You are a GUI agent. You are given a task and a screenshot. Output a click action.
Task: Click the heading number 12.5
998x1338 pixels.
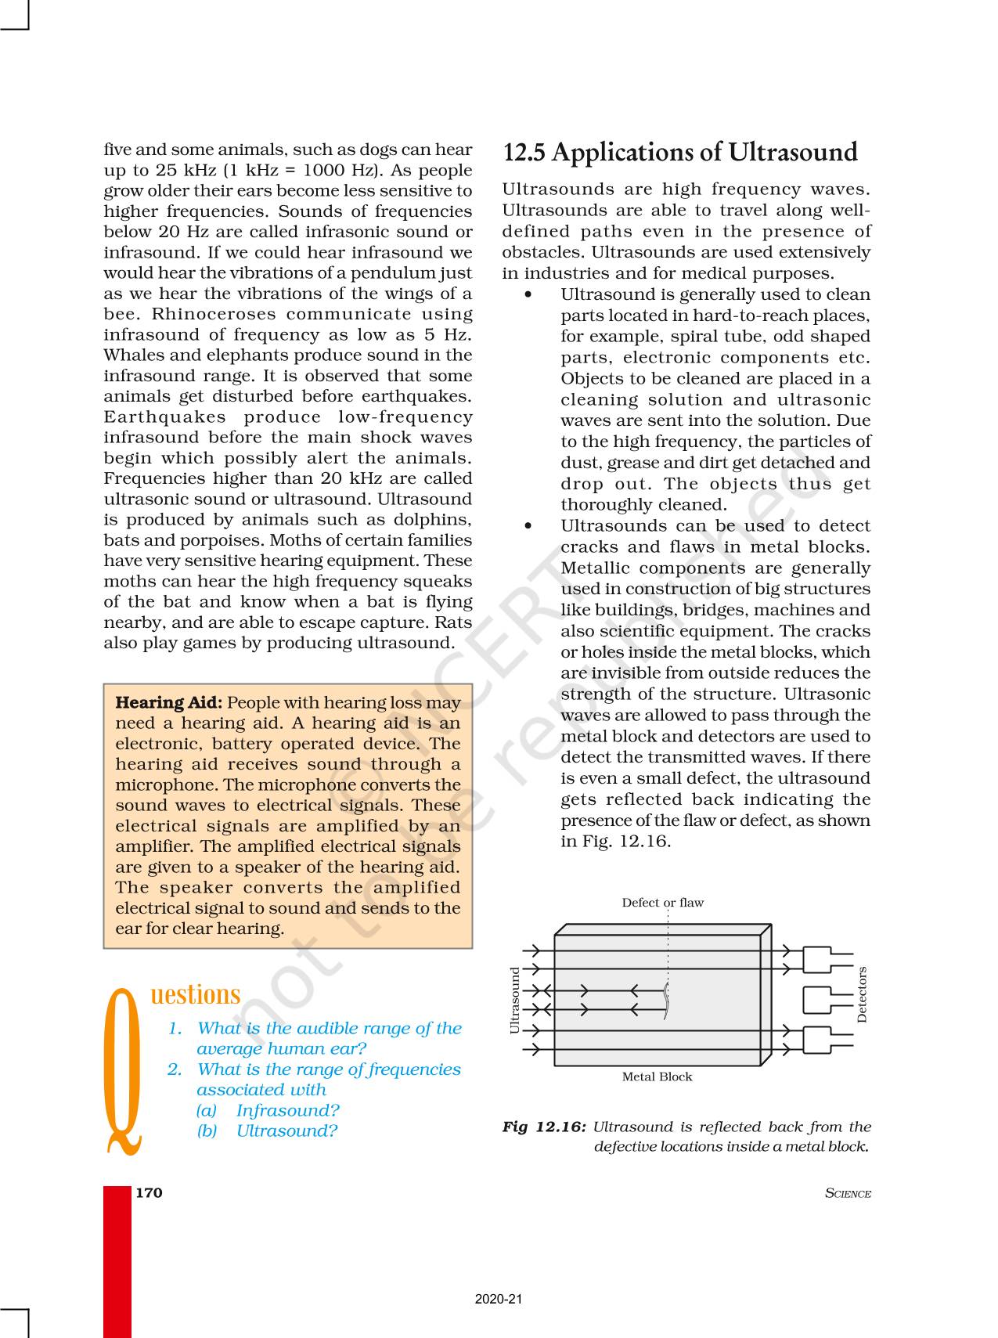[x=524, y=152]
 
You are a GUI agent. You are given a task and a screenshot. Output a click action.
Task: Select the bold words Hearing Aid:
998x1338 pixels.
[x=168, y=702]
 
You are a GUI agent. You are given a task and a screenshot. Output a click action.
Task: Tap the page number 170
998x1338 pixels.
[x=149, y=1192]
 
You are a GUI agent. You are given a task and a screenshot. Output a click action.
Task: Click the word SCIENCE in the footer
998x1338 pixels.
[x=848, y=1193]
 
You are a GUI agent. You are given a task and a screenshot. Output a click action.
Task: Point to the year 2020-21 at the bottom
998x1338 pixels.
[x=498, y=1299]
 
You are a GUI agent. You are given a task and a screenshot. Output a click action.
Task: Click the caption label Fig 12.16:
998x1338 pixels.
[x=543, y=1127]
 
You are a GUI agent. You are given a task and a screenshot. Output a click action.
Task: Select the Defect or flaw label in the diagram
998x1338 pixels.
[x=662, y=903]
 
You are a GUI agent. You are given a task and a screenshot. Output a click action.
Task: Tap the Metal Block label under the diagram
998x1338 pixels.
[x=657, y=1077]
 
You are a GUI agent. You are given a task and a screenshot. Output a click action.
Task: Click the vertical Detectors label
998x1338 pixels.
[x=862, y=994]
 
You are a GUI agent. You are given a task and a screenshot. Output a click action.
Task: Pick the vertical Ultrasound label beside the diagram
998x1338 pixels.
[x=515, y=1000]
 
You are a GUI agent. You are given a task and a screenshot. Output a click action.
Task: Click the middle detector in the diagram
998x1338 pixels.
[x=819, y=1000]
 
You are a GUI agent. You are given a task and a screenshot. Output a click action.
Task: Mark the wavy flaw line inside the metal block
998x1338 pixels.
[x=667, y=1001]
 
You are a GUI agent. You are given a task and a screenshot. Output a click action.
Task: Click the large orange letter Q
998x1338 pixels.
[x=124, y=1071]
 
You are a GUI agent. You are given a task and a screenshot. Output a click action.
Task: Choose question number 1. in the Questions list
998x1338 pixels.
[x=175, y=1028]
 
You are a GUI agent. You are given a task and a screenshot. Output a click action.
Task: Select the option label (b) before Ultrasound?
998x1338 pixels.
[x=207, y=1131]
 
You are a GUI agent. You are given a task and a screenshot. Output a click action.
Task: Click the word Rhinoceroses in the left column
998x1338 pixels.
[x=203, y=314]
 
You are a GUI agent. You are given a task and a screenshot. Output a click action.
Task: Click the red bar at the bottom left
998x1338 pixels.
[x=117, y=1260]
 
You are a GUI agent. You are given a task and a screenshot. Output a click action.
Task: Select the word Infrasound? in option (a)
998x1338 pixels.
[x=287, y=1110]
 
